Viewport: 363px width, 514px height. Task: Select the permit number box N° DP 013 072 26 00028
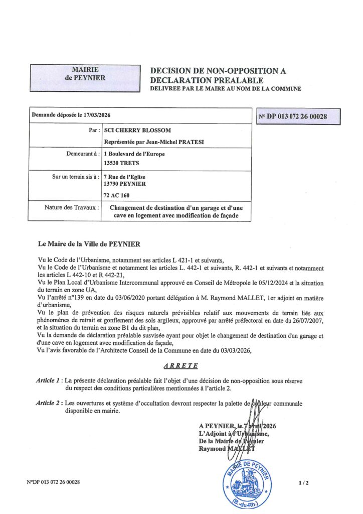tap(297, 116)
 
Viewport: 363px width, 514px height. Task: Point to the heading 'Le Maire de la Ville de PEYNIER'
tap(90, 244)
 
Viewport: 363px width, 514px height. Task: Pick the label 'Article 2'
tap(49, 403)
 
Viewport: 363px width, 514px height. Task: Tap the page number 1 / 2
tap(303, 483)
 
